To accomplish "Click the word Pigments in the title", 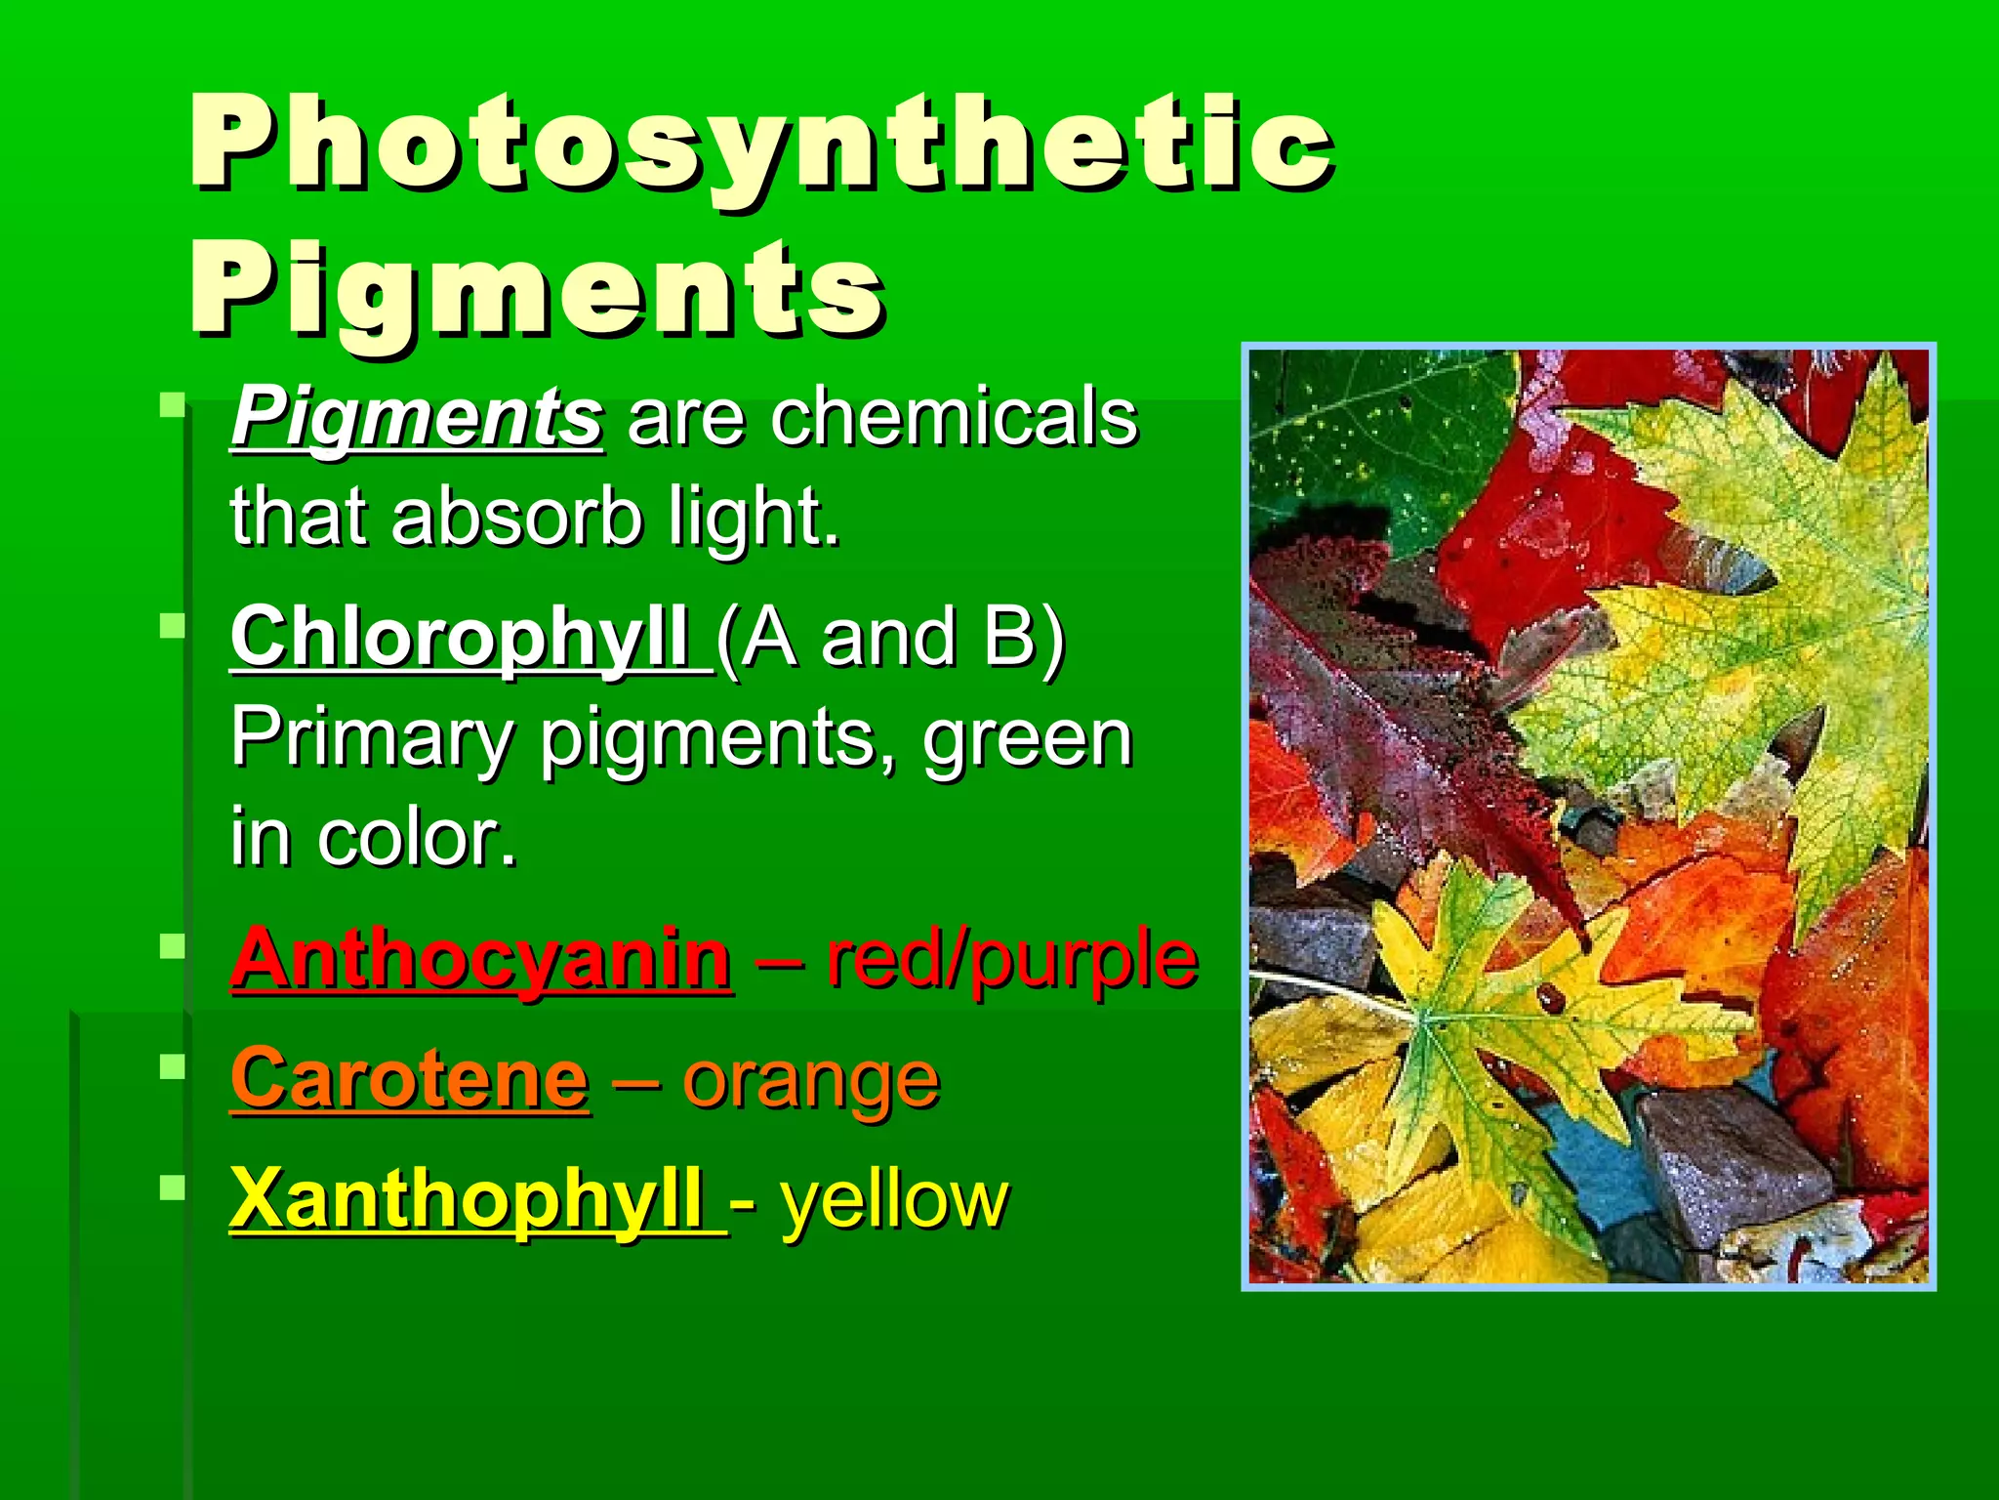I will [537, 290].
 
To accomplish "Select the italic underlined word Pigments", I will [417, 418].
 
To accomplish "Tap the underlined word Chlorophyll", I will [459, 637].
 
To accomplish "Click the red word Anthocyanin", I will [480, 959].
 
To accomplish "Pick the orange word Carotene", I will [410, 1079].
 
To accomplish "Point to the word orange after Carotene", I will [810, 1081].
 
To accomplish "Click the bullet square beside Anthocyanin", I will [173, 945].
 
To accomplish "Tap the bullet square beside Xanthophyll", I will [173, 1187].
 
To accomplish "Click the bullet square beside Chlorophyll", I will [173, 625].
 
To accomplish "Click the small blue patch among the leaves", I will [1601, 1162].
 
